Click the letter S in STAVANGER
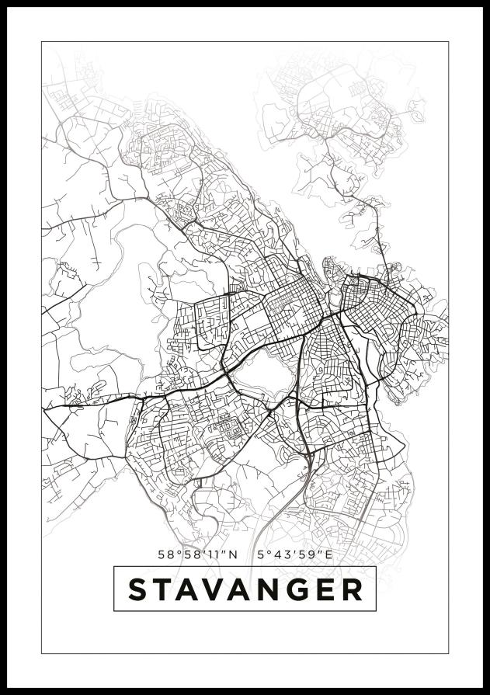(139, 589)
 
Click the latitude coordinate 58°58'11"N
(197, 554)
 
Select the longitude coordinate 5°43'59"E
(294, 554)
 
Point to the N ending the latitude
(233, 554)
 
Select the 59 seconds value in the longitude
(308, 554)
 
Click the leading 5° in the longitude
(262, 554)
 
